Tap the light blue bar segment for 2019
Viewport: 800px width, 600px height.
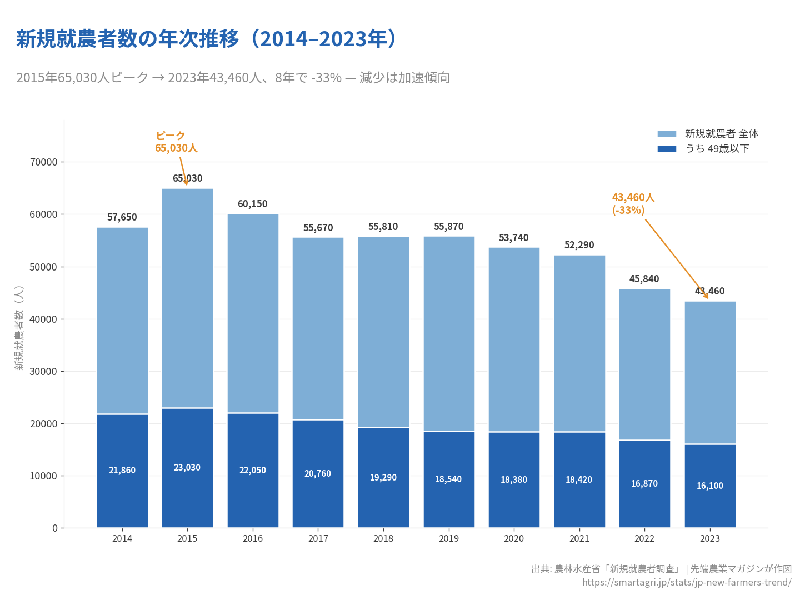click(x=449, y=333)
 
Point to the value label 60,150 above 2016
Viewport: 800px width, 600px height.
click(x=253, y=204)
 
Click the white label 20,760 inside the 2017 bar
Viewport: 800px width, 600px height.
click(x=318, y=474)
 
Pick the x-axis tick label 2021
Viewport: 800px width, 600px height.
click(x=579, y=538)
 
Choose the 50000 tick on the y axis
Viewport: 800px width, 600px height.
click(x=44, y=267)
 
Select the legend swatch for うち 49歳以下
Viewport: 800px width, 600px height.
click(x=667, y=149)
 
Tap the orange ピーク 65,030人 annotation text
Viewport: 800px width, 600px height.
click(x=176, y=142)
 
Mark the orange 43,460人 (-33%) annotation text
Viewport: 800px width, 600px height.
click(x=633, y=204)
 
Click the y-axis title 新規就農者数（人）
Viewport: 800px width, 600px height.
click(x=19, y=328)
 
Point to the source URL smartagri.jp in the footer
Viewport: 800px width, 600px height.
click(x=687, y=582)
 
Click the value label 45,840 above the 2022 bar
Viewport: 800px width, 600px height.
click(x=644, y=279)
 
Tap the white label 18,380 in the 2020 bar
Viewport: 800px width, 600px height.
click(x=514, y=480)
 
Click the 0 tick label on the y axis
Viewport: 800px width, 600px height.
click(x=55, y=528)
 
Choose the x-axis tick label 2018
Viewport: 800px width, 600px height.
click(x=383, y=538)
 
